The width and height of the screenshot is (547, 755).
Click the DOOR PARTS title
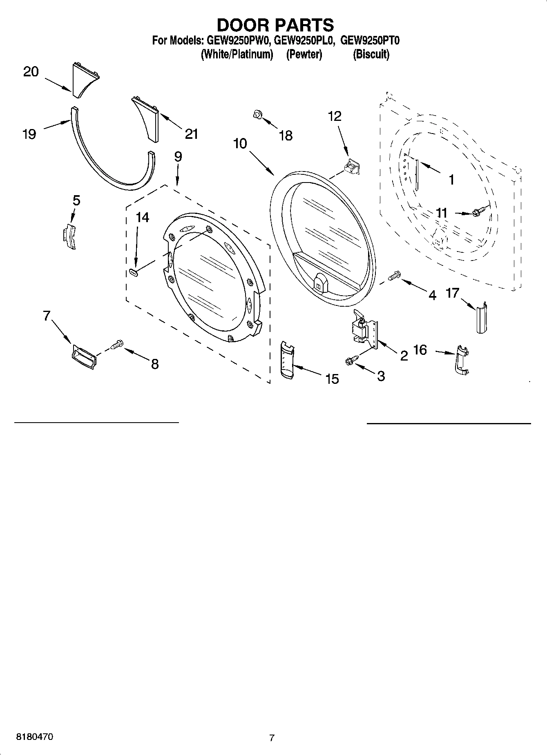[275, 25]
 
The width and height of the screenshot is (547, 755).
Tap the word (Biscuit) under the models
[371, 54]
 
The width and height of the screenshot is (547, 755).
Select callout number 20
[31, 72]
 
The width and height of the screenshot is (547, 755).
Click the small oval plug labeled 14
[133, 272]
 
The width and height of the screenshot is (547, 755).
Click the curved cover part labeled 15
[288, 360]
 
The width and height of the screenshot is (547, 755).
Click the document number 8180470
[34, 737]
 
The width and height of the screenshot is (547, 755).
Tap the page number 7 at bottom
[272, 737]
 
